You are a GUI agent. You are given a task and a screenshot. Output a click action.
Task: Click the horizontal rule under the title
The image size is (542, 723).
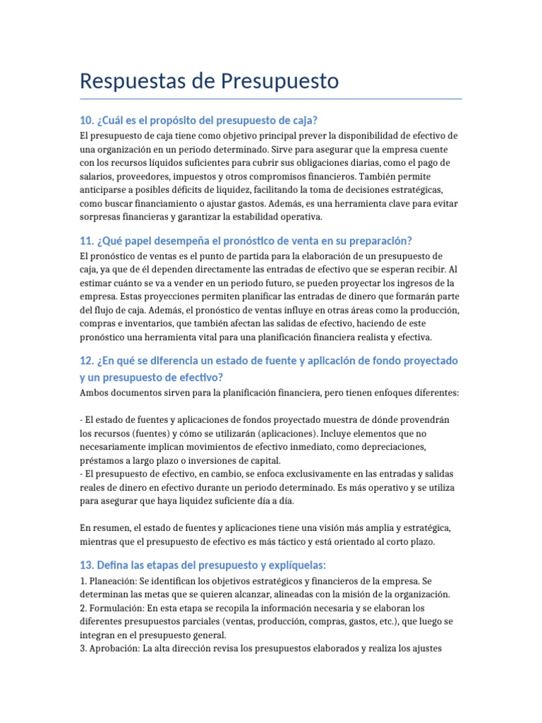271,99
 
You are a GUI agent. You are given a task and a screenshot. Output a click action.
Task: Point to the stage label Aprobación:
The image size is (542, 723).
114,648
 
